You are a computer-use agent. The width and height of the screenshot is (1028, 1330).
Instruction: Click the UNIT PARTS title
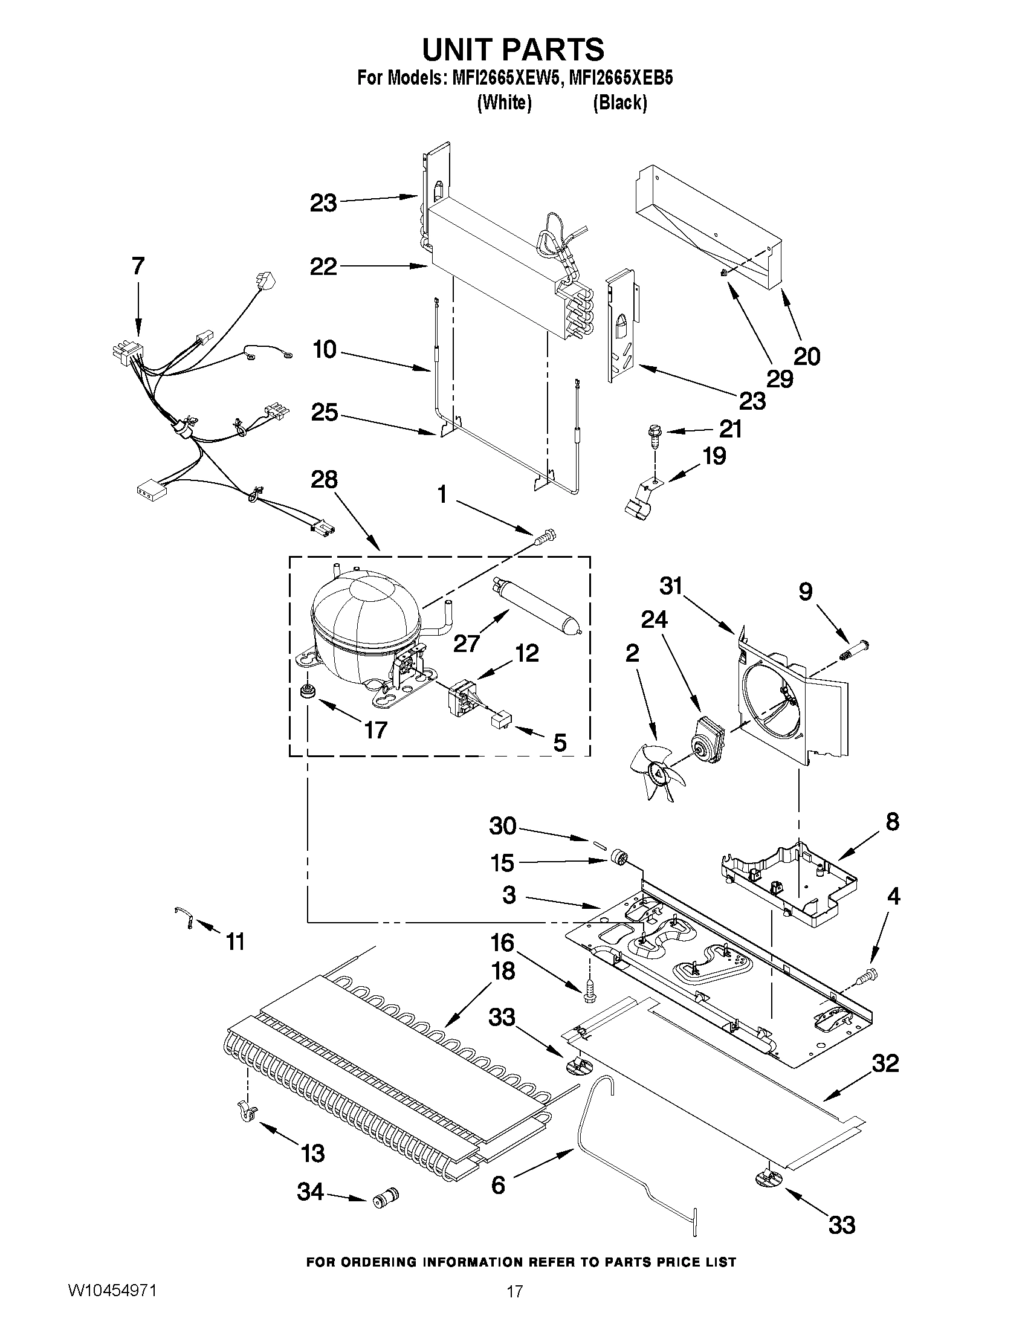tap(513, 49)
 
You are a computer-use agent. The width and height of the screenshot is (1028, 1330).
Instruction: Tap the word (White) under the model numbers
tap(503, 103)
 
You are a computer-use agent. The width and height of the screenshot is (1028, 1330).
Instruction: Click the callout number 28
tap(324, 479)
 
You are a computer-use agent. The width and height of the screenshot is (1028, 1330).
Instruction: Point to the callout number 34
tap(310, 1192)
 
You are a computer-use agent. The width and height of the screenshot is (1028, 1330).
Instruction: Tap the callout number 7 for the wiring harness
tap(138, 266)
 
